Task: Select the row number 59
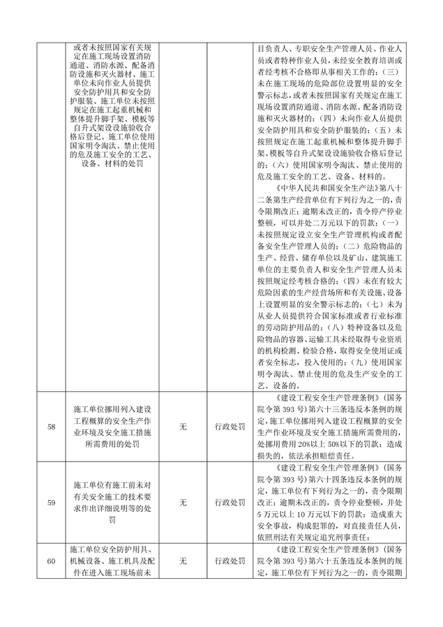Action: tap(51, 501)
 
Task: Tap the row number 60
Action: tap(51, 561)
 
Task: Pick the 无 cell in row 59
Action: tap(183, 501)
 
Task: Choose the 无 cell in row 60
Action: tap(183, 561)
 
